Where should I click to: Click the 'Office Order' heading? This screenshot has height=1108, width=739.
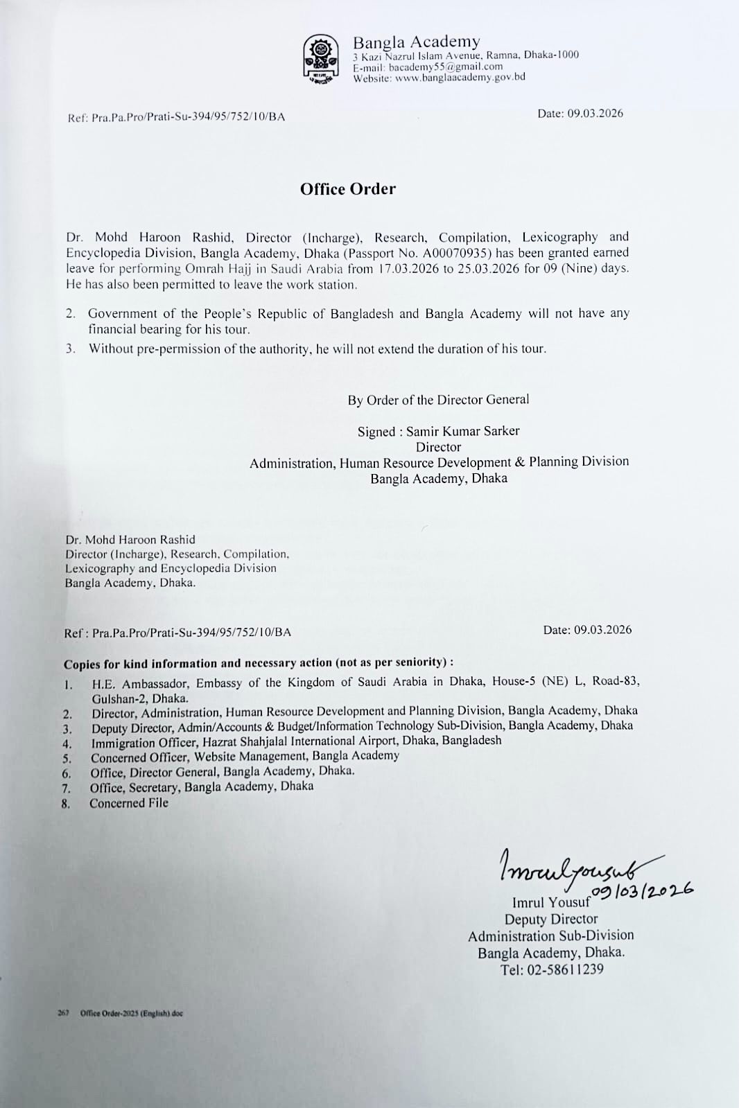click(x=348, y=189)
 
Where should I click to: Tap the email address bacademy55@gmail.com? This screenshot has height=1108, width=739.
click(x=446, y=67)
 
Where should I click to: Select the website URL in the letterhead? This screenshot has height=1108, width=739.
click(x=460, y=78)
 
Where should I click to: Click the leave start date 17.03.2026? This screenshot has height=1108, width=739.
click(x=408, y=269)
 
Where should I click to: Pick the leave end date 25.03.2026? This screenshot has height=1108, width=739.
click(x=488, y=269)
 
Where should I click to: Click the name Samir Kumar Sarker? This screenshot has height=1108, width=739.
click(x=462, y=431)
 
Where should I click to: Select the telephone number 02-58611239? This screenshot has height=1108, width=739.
click(x=565, y=969)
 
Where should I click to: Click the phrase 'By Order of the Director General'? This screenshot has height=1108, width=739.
click(x=438, y=400)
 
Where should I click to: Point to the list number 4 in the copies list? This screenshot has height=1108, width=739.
click(x=67, y=744)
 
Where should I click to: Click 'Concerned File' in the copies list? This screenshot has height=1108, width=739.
click(x=129, y=803)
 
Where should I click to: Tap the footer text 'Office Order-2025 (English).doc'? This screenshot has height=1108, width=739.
click(x=132, y=1013)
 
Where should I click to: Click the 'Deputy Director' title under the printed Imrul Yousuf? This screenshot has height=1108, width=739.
click(x=551, y=920)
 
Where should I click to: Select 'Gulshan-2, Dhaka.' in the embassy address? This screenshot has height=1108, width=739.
click(x=140, y=698)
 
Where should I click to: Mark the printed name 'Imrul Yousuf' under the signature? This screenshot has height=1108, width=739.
click(x=551, y=902)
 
